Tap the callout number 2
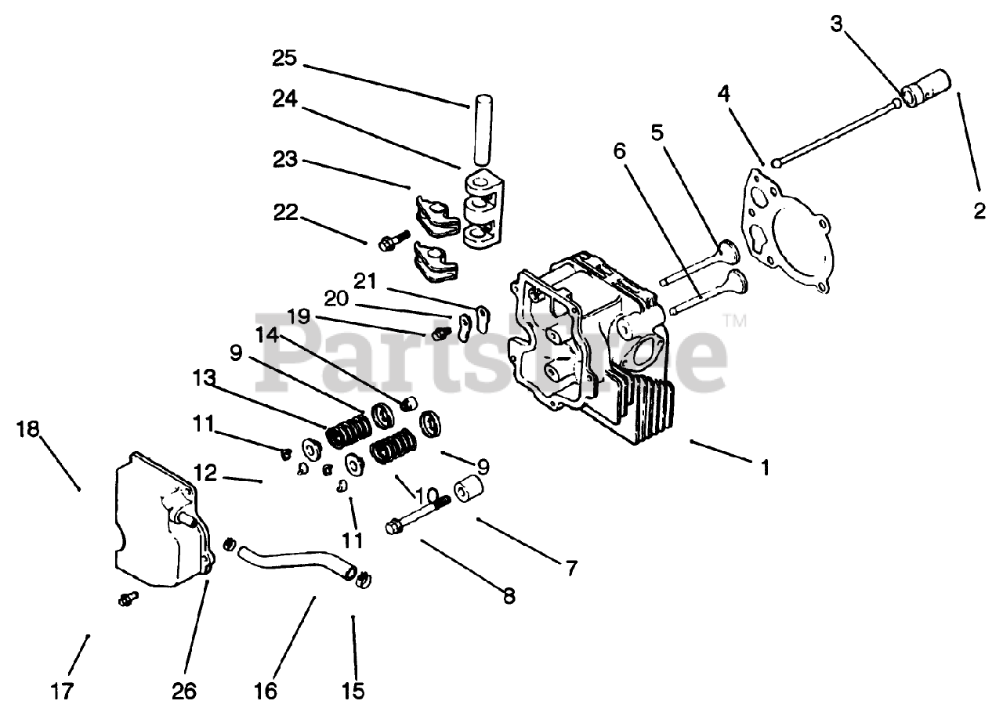979,211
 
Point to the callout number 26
186,691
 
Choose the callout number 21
364,280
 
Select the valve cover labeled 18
161,517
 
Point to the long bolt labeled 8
416,516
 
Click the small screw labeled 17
125,598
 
